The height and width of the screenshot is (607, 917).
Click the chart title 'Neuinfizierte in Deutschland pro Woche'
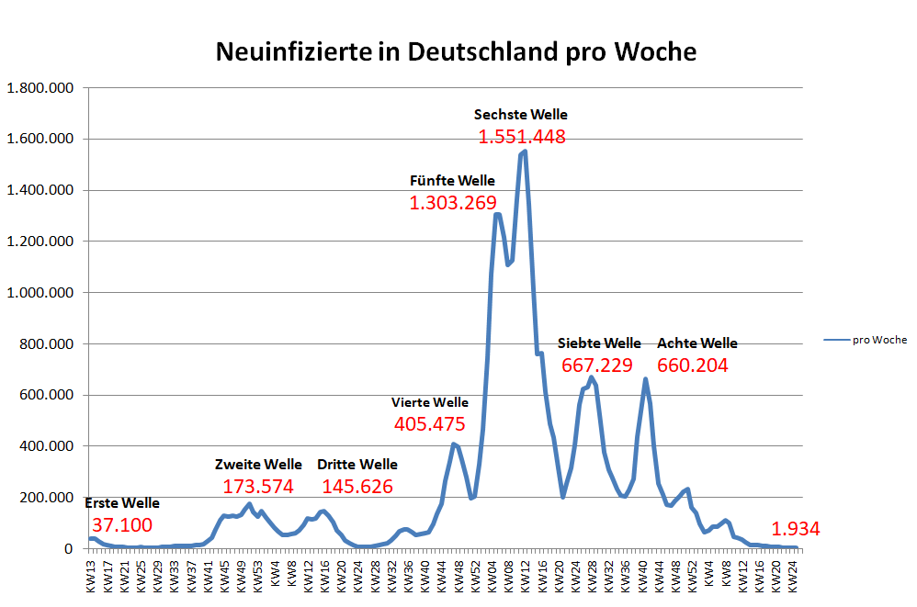tap(456, 51)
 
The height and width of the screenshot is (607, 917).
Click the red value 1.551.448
tap(521, 137)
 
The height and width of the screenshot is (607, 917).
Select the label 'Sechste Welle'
tap(520, 115)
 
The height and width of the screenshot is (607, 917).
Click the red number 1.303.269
tap(452, 202)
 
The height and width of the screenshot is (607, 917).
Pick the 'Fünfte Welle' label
tap(452, 180)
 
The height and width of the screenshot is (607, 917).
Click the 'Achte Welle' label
tap(696, 343)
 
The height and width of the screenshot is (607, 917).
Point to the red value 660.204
tap(693, 365)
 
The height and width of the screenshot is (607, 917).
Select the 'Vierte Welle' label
tap(429, 402)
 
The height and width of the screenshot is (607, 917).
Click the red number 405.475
tap(429, 424)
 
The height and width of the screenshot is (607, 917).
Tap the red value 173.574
tap(258, 486)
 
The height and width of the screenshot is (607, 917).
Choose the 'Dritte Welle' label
tap(357, 464)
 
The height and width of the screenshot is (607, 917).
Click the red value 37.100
tap(122, 524)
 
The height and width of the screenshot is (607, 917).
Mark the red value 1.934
tap(795, 529)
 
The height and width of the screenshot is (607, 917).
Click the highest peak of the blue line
tap(524, 151)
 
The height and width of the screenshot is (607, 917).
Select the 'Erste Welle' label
tap(122, 503)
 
